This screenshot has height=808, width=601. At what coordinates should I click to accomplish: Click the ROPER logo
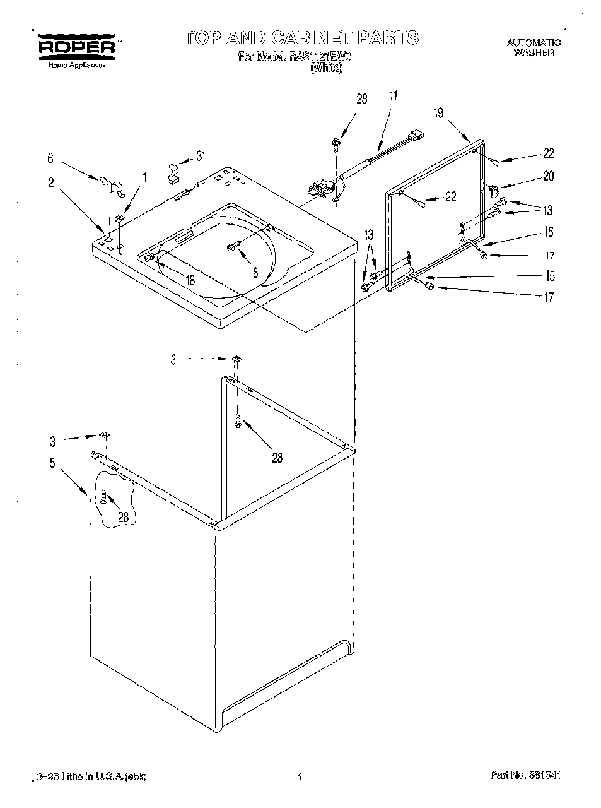[x=76, y=46]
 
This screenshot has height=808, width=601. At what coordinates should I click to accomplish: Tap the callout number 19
[x=438, y=113]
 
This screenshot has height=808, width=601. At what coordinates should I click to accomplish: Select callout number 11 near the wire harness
[x=394, y=97]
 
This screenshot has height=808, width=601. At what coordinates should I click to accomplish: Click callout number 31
[x=201, y=156]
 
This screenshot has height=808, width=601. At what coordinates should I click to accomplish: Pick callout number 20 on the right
[x=548, y=176]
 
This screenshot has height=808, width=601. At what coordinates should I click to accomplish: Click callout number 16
[x=548, y=232]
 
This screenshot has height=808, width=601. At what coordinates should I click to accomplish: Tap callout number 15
[x=550, y=276]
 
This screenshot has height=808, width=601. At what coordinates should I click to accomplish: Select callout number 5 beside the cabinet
[x=52, y=463]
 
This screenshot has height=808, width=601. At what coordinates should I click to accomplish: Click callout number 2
[x=50, y=183]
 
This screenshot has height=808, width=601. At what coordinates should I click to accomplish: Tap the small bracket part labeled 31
[x=172, y=172]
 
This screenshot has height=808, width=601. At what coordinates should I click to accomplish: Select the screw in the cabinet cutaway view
[x=103, y=497]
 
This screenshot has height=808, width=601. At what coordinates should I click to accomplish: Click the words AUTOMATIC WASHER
[x=534, y=48]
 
